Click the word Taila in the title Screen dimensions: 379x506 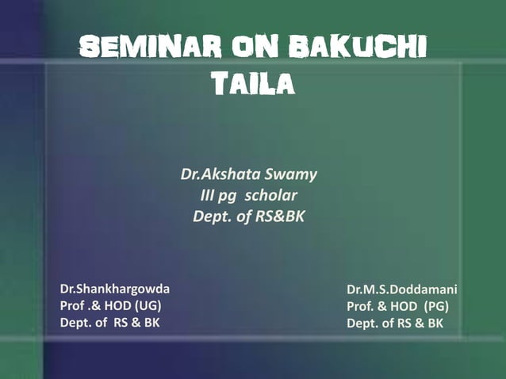[251, 82]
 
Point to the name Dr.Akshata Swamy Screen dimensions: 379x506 [249, 174]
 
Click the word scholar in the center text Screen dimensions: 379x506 [270, 194]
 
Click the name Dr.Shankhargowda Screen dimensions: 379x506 [115, 289]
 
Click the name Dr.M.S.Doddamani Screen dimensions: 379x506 [402, 289]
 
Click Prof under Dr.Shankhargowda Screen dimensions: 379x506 [73, 306]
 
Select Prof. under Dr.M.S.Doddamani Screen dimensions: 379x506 [361, 306]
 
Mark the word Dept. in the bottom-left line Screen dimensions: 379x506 [75, 323]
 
